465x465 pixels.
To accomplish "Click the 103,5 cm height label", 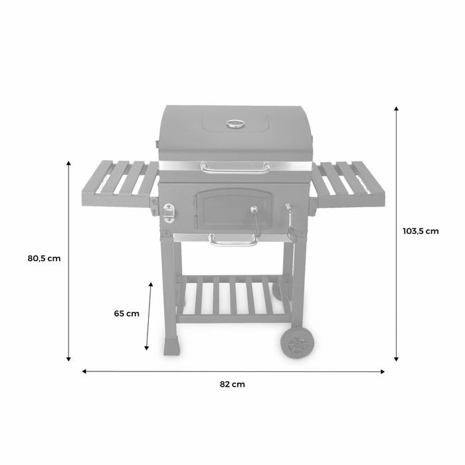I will click(x=420, y=231).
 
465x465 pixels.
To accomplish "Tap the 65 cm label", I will click(x=126, y=314).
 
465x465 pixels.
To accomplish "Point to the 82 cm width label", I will click(x=233, y=383).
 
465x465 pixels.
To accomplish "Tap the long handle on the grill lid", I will click(x=236, y=167).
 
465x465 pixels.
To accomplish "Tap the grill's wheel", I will click(x=295, y=344).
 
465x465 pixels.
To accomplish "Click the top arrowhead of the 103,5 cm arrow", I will click(x=397, y=108).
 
